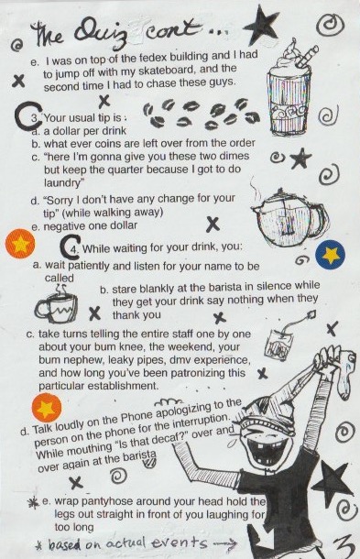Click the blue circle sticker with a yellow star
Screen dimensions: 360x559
[331, 254]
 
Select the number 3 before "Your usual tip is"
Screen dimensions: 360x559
[34, 118]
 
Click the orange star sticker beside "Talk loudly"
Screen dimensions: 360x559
[46, 408]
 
